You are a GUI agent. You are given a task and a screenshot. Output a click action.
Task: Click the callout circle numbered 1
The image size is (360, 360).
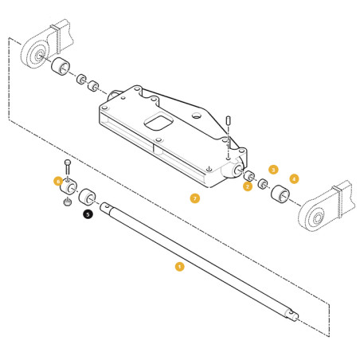point(179,267)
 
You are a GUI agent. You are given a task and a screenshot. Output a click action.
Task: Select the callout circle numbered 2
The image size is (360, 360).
point(248,186)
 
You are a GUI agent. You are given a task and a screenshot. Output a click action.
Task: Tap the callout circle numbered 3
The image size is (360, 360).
point(273,170)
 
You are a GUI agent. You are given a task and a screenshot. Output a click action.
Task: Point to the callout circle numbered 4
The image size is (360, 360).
point(294,179)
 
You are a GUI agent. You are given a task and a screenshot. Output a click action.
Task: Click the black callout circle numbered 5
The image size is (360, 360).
point(88,214)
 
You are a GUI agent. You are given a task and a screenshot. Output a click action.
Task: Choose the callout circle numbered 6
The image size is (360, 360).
point(58,182)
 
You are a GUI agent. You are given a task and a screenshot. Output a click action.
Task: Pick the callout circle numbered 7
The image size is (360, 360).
point(195,198)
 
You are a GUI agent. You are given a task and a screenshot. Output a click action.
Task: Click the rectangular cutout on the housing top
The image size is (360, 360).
point(158,121)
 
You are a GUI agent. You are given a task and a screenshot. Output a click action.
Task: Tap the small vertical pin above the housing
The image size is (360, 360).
point(229,121)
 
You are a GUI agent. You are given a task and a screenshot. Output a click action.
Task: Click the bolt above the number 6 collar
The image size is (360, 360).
point(68,166)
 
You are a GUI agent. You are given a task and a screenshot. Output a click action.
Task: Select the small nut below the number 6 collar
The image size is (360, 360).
point(68,202)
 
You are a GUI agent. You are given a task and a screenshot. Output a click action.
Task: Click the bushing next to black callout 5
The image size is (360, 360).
point(87,197)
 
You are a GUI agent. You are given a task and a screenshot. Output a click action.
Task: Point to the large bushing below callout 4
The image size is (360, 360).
point(280,194)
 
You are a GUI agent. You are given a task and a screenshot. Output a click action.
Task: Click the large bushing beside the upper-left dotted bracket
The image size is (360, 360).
point(61,66)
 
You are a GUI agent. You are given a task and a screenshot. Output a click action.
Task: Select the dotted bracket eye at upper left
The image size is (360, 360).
point(36,56)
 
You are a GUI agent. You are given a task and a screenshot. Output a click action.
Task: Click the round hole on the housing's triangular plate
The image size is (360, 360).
point(197,115)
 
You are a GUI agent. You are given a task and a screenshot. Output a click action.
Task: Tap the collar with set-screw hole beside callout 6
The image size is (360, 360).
point(68,186)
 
